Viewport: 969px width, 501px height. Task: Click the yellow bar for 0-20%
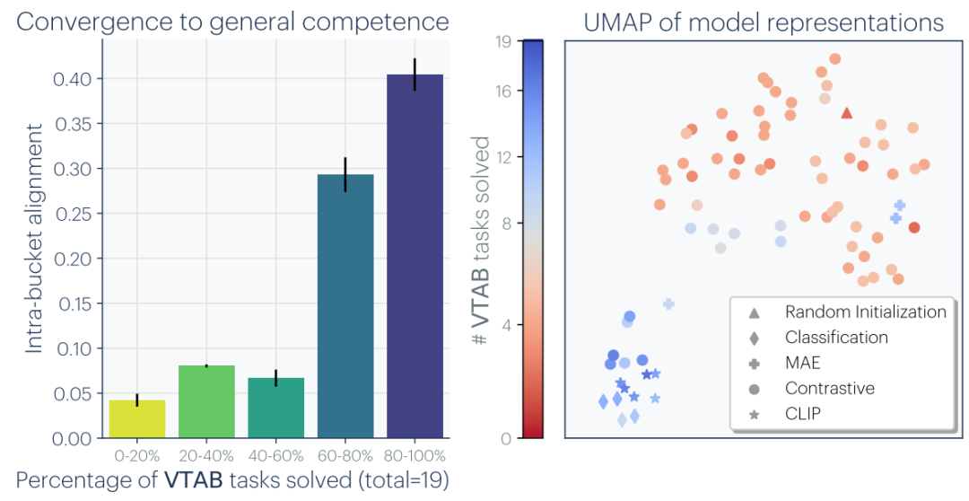point(136,419)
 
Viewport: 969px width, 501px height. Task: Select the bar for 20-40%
point(206,402)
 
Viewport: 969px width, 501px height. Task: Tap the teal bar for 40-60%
point(275,409)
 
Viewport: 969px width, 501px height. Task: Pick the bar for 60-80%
point(345,306)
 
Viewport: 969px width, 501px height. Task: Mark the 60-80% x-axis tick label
point(345,456)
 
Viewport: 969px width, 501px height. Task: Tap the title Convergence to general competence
point(232,21)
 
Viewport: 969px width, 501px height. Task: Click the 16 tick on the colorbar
point(502,90)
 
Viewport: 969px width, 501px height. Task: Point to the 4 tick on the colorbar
point(505,325)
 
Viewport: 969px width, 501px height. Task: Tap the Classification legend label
point(836,338)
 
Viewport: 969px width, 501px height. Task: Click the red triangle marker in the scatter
point(846,113)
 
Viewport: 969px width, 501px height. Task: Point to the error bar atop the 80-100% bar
point(415,75)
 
